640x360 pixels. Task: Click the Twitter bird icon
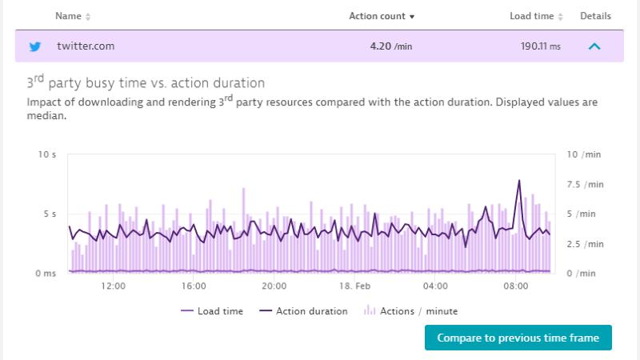pyautogui.click(x=34, y=46)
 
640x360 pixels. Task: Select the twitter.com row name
pyautogui.click(x=86, y=46)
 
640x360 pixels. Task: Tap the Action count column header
pyautogui.click(x=382, y=16)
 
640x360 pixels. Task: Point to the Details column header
pyautogui.click(x=595, y=16)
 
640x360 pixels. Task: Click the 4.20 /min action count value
pyautogui.click(x=390, y=46)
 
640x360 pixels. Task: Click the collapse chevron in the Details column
pyautogui.click(x=594, y=46)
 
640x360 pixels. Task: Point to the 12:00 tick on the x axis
pyautogui.click(x=114, y=286)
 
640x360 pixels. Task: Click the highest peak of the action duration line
pyautogui.click(x=519, y=181)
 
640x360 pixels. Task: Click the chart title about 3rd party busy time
pyautogui.click(x=146, y=82)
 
